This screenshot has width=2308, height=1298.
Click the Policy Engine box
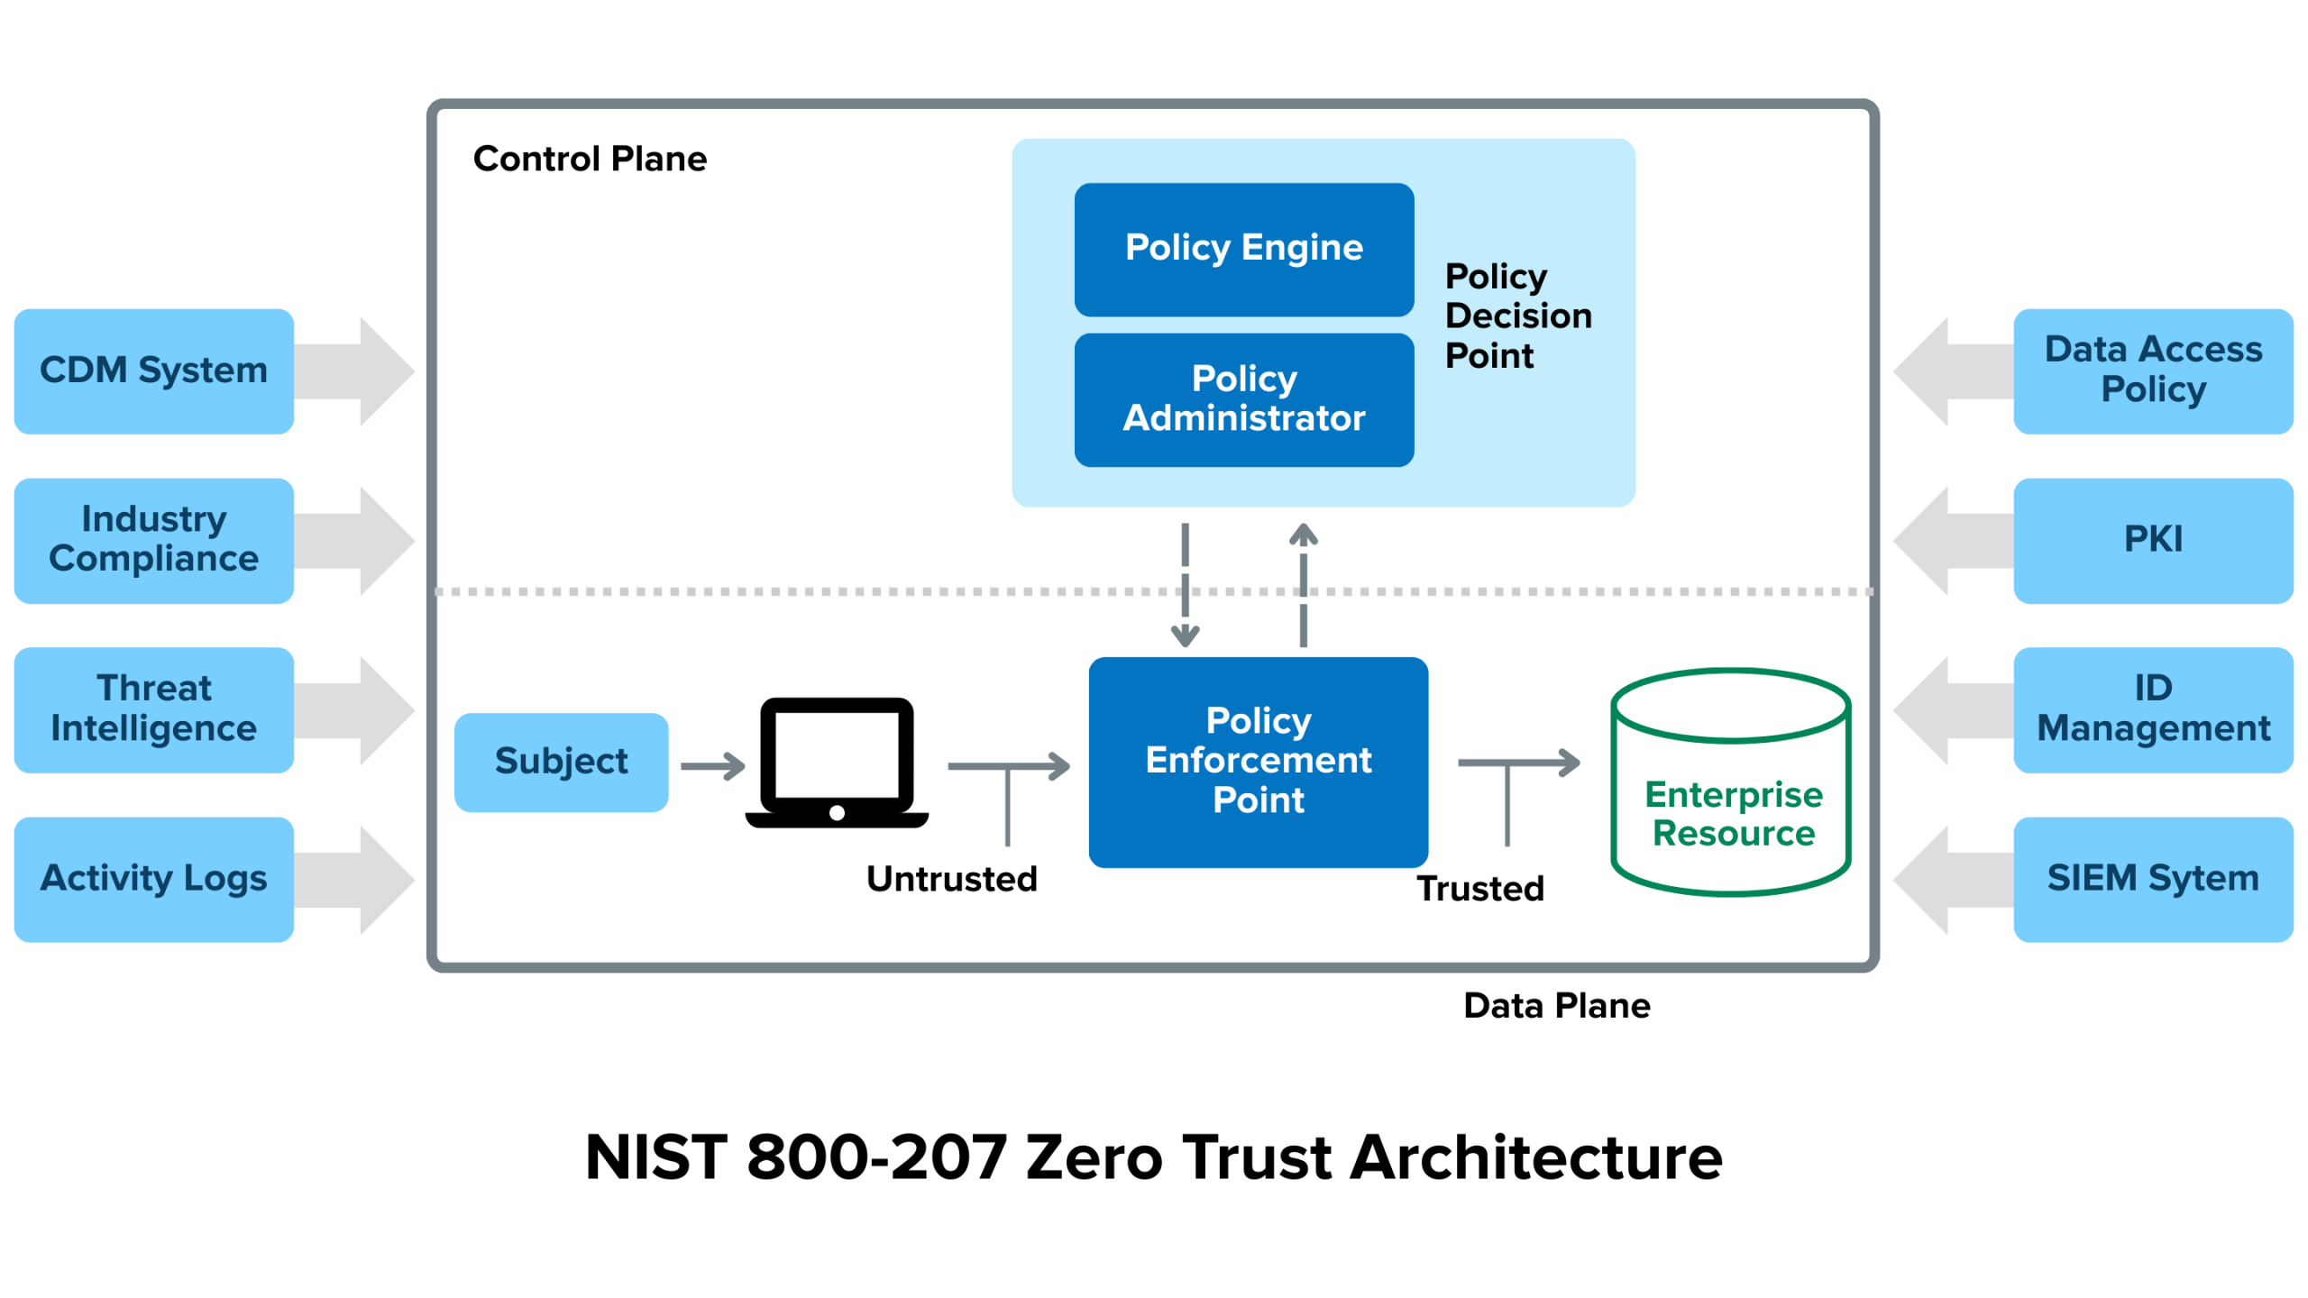(x=1243, y=250)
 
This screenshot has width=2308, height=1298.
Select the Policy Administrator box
(x=1243, y=399)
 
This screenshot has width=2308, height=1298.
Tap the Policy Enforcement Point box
(x=1258, y=762)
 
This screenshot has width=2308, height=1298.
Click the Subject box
(x=561, y=762)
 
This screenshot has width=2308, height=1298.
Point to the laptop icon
(x=837, y=762)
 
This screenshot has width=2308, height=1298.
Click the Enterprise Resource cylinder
(x=1731, y=793)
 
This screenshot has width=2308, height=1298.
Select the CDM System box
(x=154, y=370)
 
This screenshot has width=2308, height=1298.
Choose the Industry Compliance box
(x=154, y=540)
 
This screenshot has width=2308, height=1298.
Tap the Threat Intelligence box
(x=154, y=709)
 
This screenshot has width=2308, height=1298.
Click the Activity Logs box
(x=154, y=879)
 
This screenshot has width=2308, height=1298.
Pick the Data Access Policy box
(x=2152, y=370)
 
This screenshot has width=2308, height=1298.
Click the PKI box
(x=2152, y=540)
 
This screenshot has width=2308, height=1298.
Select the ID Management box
(x=2152, y=709)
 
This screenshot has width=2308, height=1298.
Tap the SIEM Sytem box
(x=2152, y=879)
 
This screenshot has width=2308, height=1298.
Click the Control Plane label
(x=590, y=159)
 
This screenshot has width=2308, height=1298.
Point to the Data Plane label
(x=1556, y=1005)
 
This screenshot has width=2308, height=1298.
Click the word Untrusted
(x=951, y=879)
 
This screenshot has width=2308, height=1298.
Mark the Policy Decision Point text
(x=1517, y=316)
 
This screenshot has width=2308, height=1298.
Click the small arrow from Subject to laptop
(x=712, y=766)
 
